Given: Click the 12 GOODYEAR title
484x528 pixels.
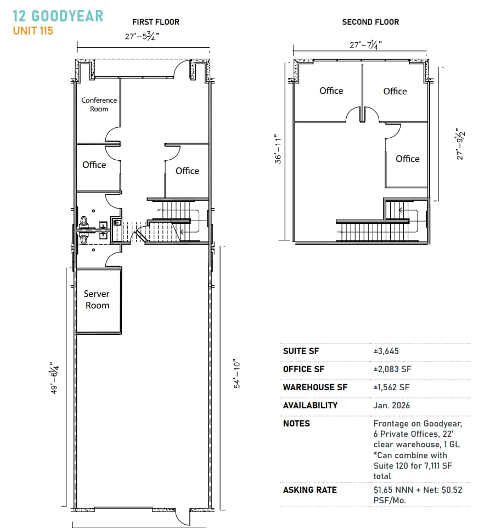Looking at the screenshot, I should click(58, 16).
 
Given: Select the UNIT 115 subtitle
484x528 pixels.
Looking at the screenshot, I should click(33, 31).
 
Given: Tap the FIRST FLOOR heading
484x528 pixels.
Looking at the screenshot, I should click(155, 22).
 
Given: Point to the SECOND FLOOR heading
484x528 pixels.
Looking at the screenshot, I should click(370, 22).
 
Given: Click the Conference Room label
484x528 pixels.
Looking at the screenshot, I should click(99, 104).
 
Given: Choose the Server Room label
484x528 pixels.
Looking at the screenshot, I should click(97, 300).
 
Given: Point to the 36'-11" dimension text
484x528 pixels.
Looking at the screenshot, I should click(279, 149).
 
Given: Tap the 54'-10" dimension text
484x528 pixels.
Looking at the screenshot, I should click(238, 374).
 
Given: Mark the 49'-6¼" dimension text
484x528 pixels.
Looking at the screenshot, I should click(54, 378).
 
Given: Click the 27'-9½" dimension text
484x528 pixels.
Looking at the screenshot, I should click(462, 142).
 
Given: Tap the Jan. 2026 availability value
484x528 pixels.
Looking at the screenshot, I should click(391, 406).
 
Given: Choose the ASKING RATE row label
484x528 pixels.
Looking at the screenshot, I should click(309, 490).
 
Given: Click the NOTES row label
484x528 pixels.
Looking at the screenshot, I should click(296, 424).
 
